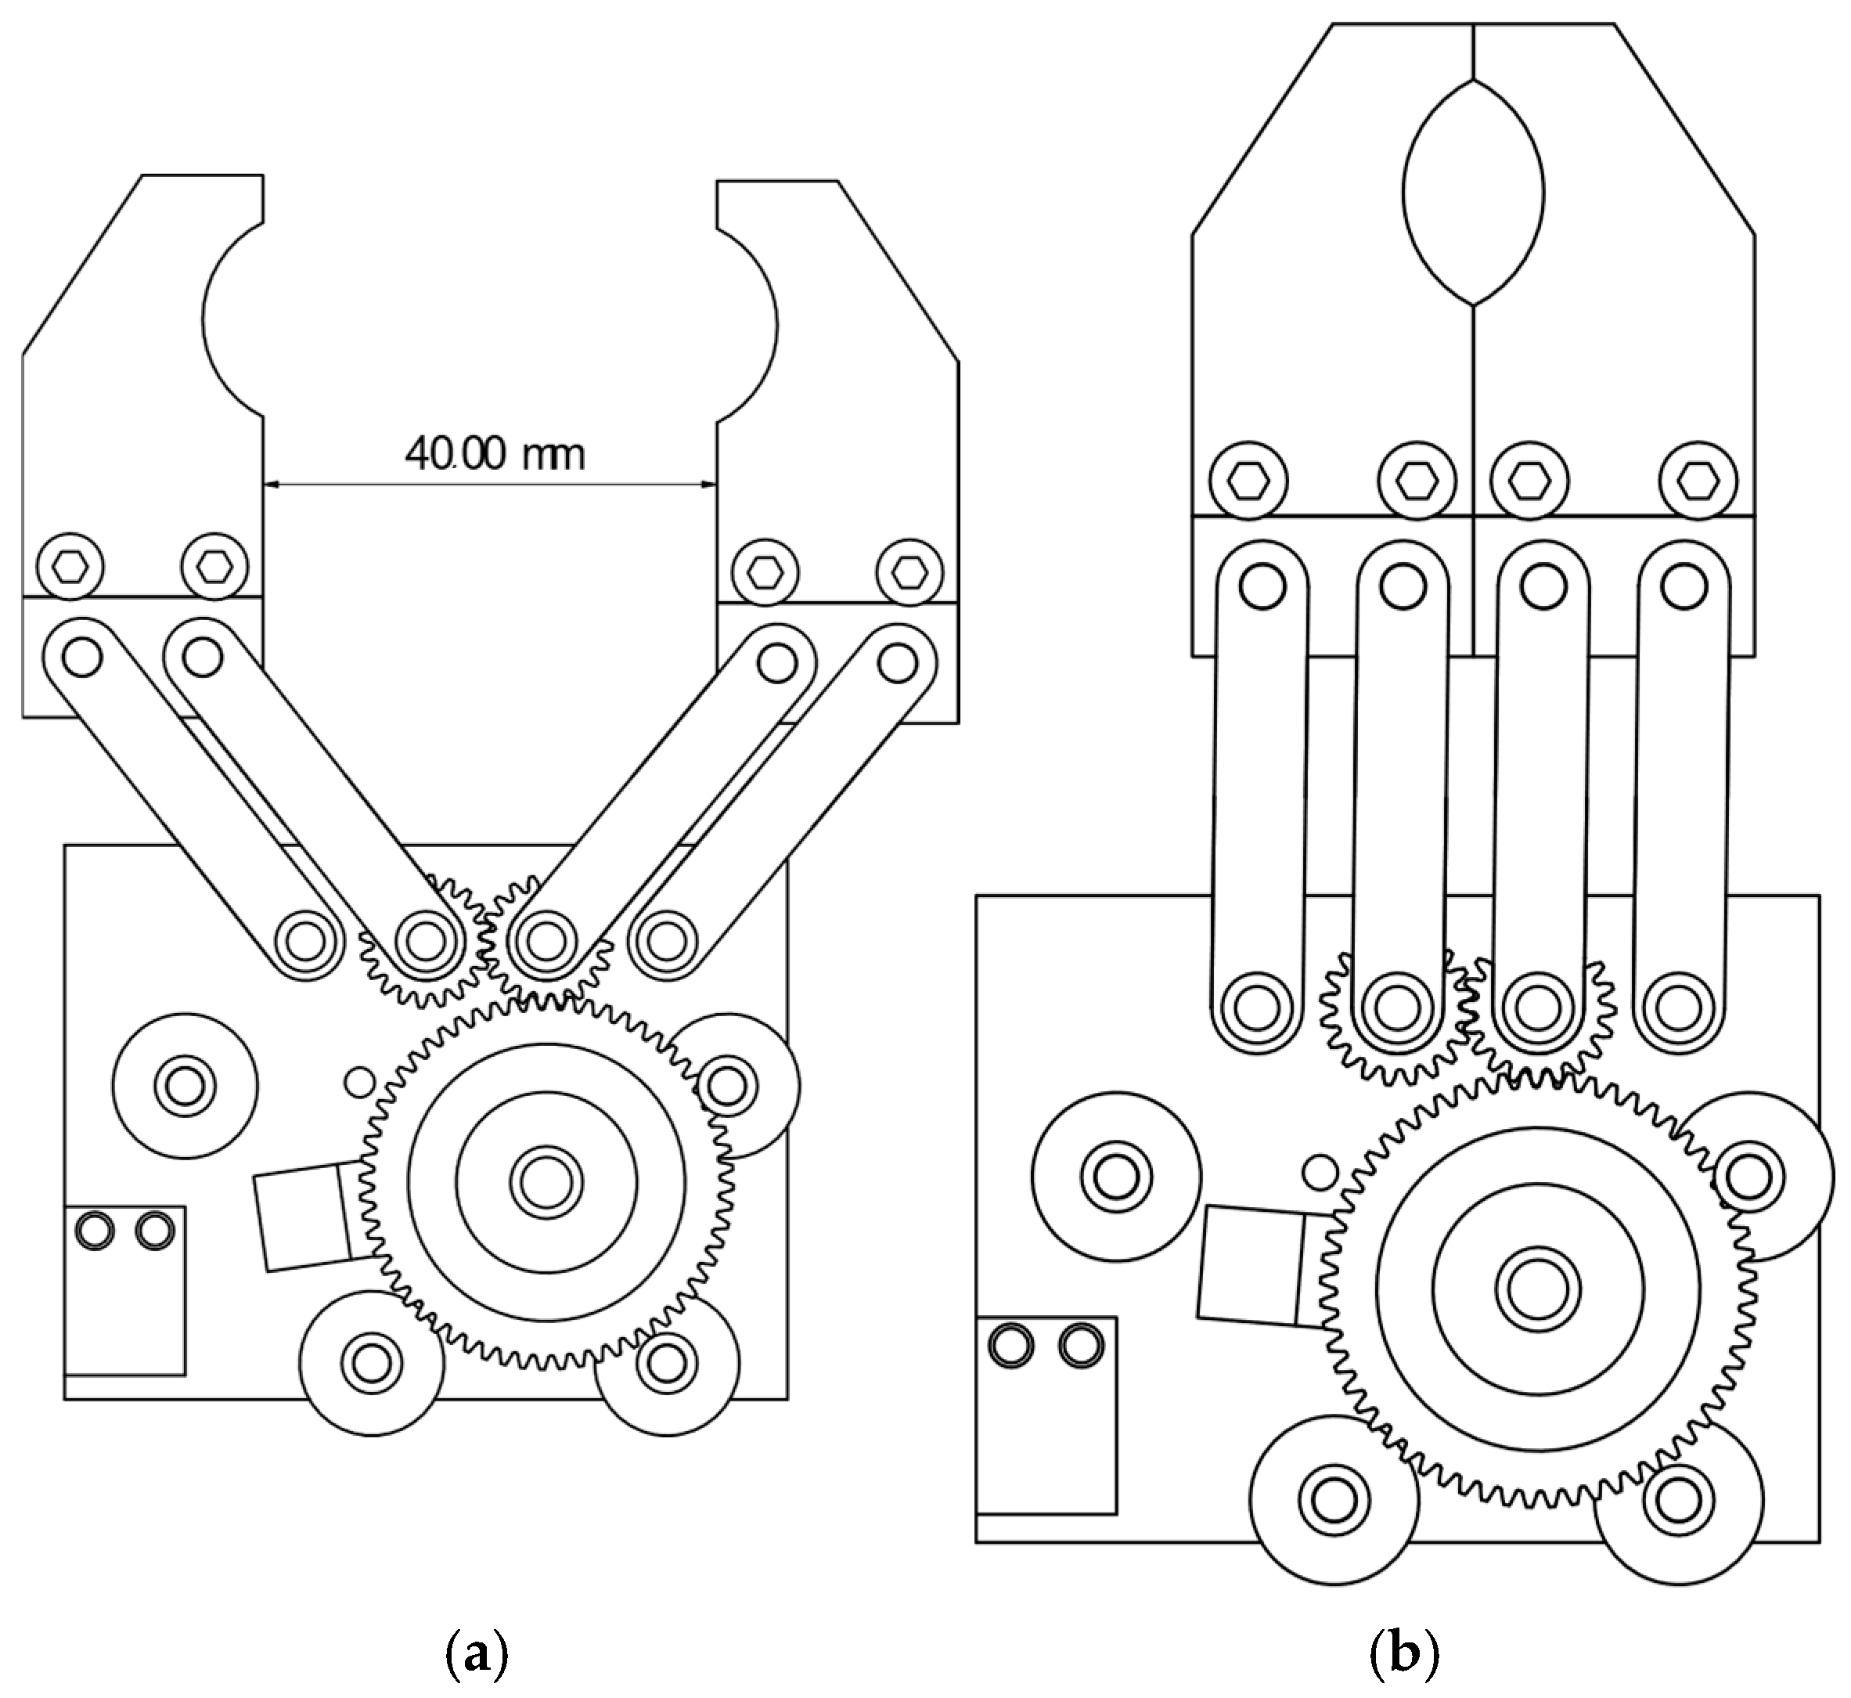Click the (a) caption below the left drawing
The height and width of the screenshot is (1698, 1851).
(x=476, y=1654)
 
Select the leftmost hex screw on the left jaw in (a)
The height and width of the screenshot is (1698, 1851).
(x=70, y=567)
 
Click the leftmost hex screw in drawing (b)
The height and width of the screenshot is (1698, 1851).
(x=1248, y=481)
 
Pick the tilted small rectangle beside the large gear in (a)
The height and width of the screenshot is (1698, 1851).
(x=303, y=1217)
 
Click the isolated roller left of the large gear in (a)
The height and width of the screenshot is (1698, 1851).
(x=185, y=1087)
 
